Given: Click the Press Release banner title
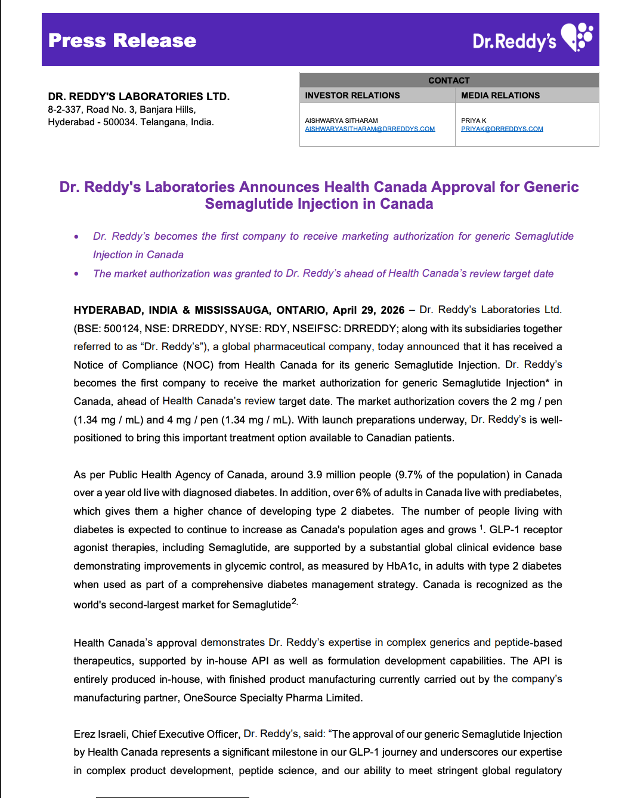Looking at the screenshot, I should tap(122, 41).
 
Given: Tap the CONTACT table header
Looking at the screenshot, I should tap(448, 81).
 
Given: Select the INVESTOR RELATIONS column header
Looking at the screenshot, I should tap(352, 95).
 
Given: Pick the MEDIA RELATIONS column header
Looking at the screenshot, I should tap(500, 95).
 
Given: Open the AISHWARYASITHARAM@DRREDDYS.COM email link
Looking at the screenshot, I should tap(370, 129).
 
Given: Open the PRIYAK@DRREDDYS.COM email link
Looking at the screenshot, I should tap(502, 129).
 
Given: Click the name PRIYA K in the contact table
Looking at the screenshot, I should tap(474, 120).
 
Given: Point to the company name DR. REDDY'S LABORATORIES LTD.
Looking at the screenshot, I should tap(139, 97).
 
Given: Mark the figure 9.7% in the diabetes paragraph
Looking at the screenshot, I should tap(411, 475).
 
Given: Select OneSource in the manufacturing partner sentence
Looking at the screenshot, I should tap(210, 698).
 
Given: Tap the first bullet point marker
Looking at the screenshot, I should tap(76, 237).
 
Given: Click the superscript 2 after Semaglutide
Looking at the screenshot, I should tap(294, 602).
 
